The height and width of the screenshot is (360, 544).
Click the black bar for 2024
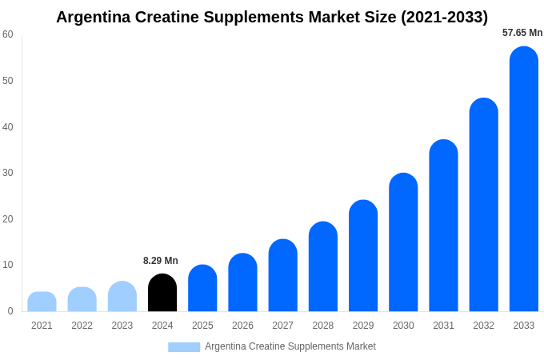(x=162, y=293)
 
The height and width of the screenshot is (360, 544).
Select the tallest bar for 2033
(x=524, y=179)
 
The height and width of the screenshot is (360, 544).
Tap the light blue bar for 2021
(x=42, y=302)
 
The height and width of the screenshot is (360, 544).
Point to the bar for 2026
(x=242, y=282)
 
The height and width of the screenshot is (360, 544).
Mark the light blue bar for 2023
(x=122, y=296)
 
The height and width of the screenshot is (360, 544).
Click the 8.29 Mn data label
(x=161, y=261)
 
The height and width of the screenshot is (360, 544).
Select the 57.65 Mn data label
(x=522, y=33)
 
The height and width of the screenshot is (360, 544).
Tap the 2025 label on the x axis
(x=202, y=326)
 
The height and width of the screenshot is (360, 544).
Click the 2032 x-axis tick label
(x=483, y=326)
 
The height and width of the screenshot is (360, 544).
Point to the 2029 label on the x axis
(x=363, y=326)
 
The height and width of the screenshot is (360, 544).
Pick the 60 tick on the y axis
(x=8, y=34)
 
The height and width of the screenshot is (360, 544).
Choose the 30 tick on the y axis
(x=8, y=173)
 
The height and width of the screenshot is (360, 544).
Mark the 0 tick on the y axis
(x=10, y=311)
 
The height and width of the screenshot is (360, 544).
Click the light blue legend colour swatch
(x=184, y=347)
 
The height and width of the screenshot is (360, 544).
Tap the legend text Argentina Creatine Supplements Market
(x=290, y=346)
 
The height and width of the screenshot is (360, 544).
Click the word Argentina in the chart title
(x=94, y=17)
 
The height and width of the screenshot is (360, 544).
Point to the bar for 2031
(x=443, y=226)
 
